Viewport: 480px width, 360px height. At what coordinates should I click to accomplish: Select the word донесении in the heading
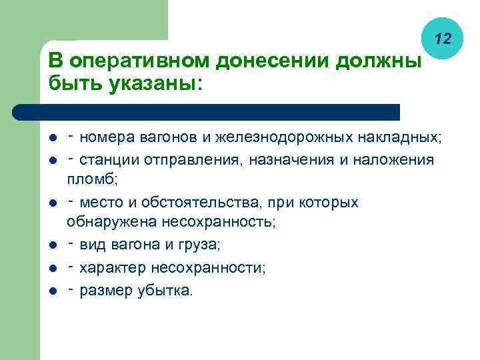point(273,61)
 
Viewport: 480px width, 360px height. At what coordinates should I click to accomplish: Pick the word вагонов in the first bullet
point(169,138)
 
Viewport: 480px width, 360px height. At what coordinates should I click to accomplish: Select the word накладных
point(398,138)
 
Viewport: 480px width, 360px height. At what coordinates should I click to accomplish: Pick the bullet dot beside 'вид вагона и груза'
point(53,245)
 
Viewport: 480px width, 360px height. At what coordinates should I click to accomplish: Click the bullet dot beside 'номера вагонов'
point(53,139)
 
